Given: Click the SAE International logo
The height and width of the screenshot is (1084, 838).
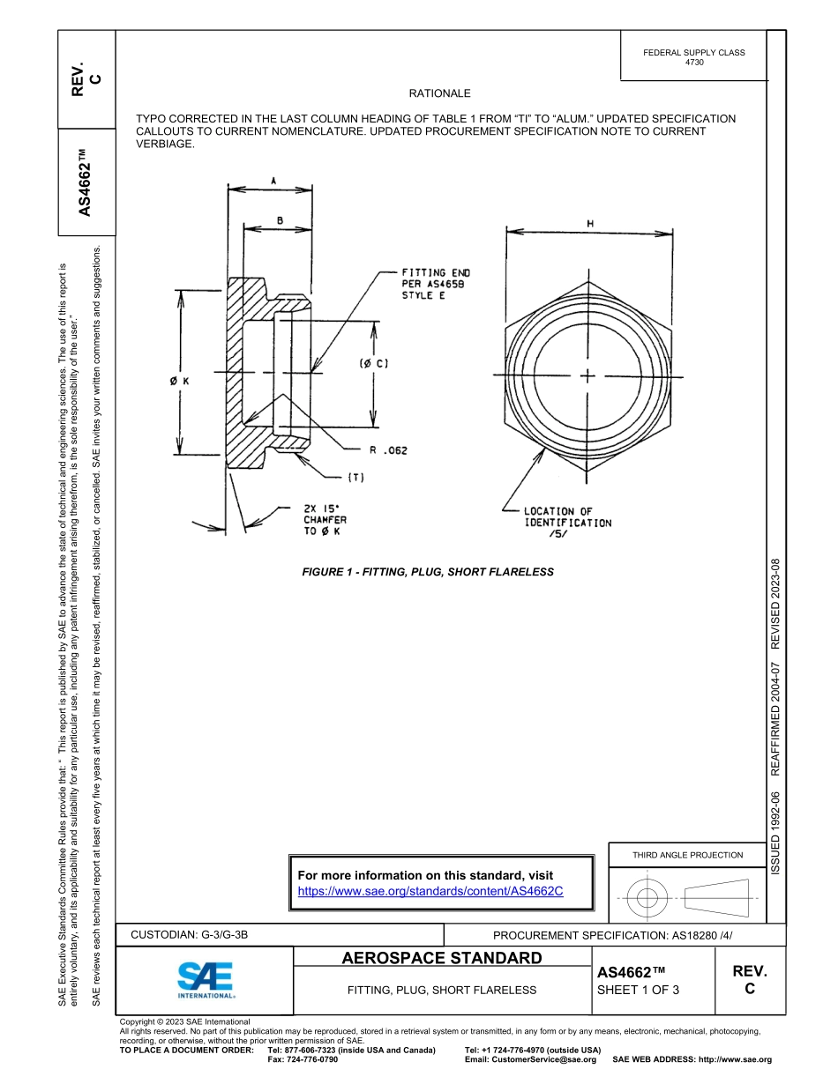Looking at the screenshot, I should tap(205, 979).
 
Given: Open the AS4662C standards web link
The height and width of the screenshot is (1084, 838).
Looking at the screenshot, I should tap(430, 891).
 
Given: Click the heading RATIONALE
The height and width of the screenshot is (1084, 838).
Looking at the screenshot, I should tap(440, 93).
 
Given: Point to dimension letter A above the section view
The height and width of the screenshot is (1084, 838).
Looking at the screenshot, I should tap(273, 180).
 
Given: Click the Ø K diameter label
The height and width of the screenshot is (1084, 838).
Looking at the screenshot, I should tap(180, 381).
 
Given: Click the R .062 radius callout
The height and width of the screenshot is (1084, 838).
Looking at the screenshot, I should tap(388, 450).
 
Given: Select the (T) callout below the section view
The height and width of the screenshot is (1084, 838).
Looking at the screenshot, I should tap(355, 477).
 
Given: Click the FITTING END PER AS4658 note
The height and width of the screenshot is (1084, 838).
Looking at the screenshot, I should tap(436, 285).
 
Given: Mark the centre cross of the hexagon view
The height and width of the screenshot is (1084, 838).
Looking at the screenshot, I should tap(588, 376).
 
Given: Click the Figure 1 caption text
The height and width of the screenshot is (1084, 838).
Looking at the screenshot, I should tap(428, 572).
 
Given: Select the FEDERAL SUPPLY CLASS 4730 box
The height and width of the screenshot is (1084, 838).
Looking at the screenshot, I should tap(693, 57).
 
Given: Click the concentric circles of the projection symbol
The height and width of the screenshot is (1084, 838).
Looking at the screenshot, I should tap(648, 898).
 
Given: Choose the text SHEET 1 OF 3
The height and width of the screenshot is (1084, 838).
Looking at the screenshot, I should tap(639, 990).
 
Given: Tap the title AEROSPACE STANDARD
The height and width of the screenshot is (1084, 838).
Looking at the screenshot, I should tap(442, 958).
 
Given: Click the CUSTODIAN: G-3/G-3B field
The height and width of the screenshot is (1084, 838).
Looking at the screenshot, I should tap(196, 935).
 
